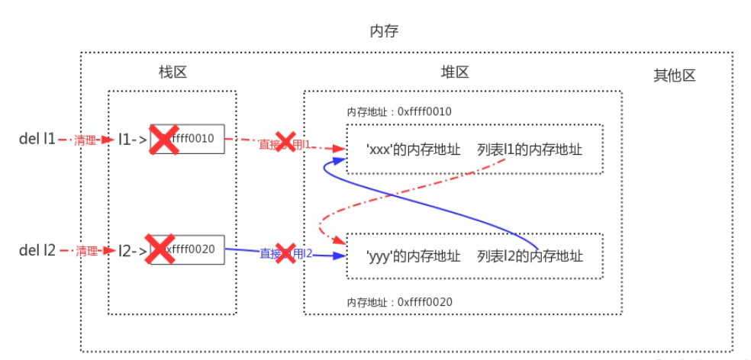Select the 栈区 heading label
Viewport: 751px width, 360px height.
click(172, 72)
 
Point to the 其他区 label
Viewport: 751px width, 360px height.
click(674, 76)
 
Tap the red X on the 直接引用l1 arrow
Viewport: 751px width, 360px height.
click(285, 142)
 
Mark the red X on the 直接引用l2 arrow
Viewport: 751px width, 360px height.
click(285, 253)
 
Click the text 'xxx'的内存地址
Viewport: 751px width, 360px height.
click(413, 149)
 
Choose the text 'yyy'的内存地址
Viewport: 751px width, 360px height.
click(413, 256)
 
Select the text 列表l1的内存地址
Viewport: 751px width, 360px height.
click(530, 149)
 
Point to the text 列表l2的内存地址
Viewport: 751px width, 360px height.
click(530, 256)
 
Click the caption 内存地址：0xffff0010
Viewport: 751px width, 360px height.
click(399, 112)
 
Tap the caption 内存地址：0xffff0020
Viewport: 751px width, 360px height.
click(399, 302)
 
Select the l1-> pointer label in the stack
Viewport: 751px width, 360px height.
click(132, 140)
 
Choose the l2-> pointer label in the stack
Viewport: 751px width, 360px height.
click(132, 249)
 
